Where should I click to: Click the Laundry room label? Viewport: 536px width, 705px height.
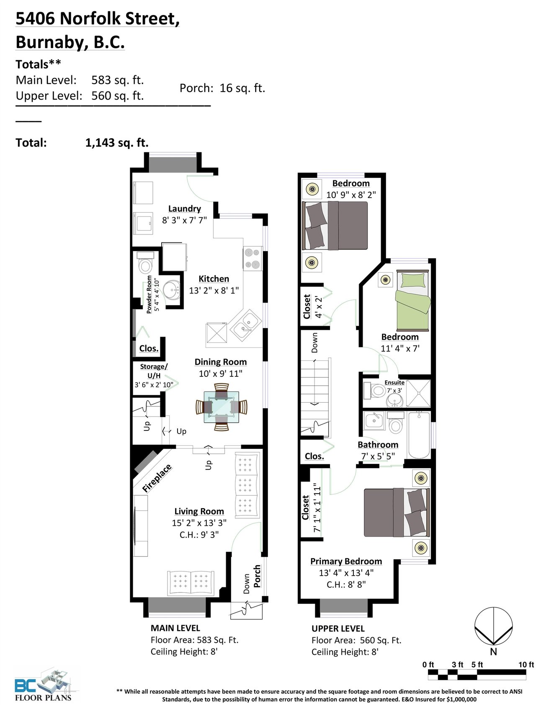(x=184, y=208)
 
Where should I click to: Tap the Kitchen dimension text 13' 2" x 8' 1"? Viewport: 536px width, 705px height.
(x=214, y=290)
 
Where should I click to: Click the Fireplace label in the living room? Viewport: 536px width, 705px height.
(x=157, y=478)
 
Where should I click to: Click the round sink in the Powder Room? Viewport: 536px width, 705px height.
(x=171, y=289)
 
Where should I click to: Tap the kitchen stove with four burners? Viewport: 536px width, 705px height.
(x=253, y=259)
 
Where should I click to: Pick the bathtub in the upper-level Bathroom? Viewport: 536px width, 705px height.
(x=419, y=435)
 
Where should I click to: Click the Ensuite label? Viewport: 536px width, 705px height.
(x=394, y=382)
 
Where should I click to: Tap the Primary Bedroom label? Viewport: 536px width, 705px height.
(x=346, y=561)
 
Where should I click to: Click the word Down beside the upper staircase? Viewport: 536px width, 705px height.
(x=314, y=342)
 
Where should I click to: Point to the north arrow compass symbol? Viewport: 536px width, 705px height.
(x=494, y=626)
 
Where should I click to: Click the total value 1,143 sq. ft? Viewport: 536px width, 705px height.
(x=117, y=143)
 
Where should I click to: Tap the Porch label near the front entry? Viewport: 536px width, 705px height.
(x=257, y=576)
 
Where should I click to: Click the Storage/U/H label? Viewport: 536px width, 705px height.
(x=154, y=371)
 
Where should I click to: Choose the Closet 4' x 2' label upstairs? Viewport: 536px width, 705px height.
(x=312, y=306)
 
